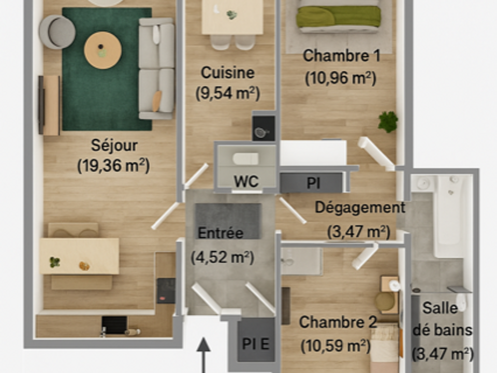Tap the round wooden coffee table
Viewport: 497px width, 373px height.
coord(103,50)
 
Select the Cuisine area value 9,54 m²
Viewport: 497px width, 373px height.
coord(228,93)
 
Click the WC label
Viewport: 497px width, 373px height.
coord(246,182)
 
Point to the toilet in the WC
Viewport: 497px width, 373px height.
coord(245,159)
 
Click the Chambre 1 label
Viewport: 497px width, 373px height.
coord(341,56)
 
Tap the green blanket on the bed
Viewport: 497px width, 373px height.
coord(338,17)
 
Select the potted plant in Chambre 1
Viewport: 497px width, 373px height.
coord(388,122)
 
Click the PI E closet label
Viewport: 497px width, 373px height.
coord(255,344)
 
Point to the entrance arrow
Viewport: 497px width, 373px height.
coord(203,355)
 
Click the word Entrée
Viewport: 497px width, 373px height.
coord(221,233)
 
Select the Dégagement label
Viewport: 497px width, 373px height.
coord(360,208)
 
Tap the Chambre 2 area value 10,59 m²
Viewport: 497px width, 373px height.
coord(335,346)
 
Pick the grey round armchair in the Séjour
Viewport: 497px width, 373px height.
coord(57,32)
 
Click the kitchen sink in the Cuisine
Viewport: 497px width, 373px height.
coord(264,128)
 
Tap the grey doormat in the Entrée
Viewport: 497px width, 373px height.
coord(228,221)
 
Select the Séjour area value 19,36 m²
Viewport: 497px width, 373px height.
coord(113,166)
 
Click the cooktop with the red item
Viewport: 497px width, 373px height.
coord(166,291)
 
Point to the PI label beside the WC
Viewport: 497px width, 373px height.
coord(313,183)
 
